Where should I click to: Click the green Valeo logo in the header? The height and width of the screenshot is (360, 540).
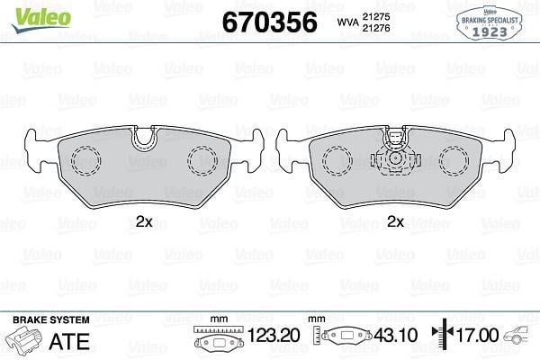[41, 20]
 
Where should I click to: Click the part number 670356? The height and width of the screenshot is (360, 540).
[270, 22]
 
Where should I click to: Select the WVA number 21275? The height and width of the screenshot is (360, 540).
[375, 16]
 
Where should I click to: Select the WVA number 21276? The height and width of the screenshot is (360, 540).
[375, 28]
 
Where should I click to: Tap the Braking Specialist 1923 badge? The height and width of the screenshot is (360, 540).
[490, 23]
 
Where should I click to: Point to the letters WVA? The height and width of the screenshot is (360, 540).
[347, 22]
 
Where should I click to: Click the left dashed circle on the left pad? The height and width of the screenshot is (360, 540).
[86, 161]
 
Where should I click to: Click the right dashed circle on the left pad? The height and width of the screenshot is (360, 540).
[202, 161]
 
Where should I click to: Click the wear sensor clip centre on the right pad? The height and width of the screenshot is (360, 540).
[396, 158]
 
